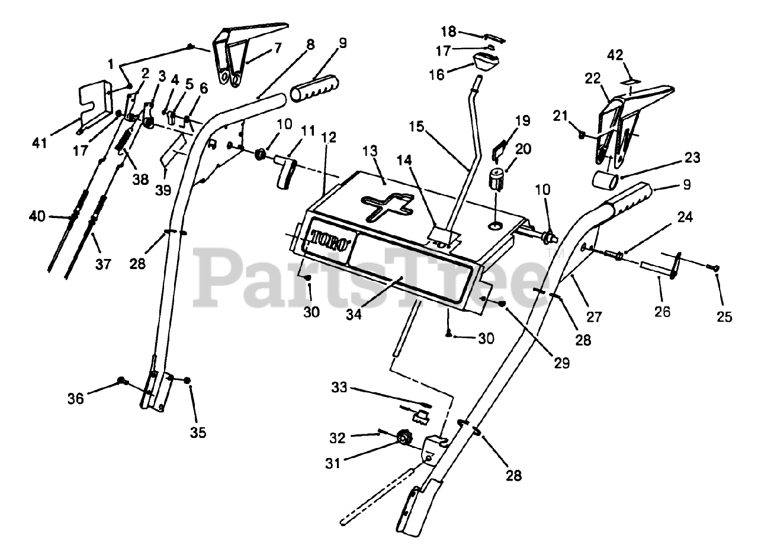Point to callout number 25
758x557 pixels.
click(x=724, y=316)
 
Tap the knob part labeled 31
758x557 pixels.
click(x=403, y=438)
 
